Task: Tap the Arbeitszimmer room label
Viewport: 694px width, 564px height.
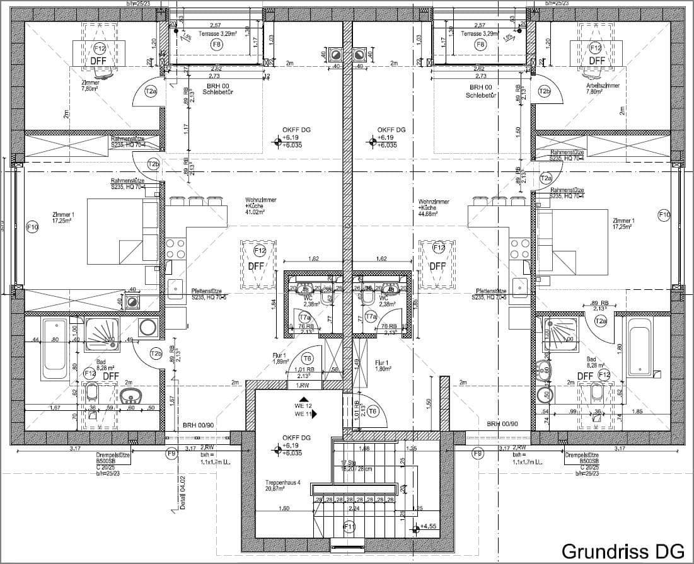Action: pyautogui.click(x=602, y=85)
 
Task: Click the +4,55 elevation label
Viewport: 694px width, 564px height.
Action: pyautogui.click(x=429, y=526)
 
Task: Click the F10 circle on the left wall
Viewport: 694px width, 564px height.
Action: pyautogui.click(x=33, y=227)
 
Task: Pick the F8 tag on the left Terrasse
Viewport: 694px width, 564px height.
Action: pyautogui.click(x=216, y=44)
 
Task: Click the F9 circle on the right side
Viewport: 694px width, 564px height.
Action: pyautogui.click(x=477, y=452)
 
